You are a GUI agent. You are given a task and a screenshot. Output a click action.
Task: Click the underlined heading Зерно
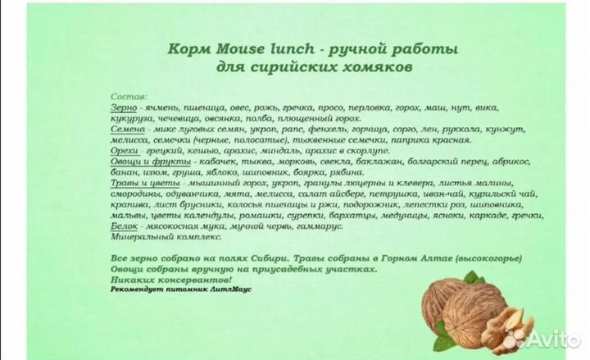coord(122,108)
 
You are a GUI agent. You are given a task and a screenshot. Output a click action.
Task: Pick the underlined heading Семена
coord(126,130)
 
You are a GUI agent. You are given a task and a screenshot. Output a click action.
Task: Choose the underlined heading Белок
coord(123,226)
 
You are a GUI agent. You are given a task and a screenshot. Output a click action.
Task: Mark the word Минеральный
coord(140,236)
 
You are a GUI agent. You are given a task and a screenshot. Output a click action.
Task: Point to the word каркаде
coord(485,215)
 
